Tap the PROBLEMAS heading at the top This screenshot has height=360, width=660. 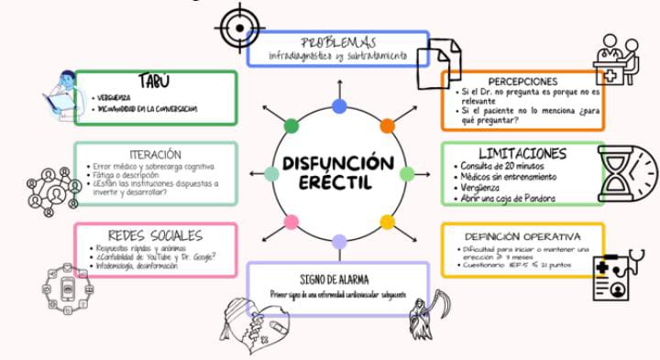[x=338, y=41]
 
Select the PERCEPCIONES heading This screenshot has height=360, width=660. [x=522, y=81]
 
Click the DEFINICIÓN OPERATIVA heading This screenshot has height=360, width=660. [x=522, y=235]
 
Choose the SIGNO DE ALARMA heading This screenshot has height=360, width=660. [x=337, y=278]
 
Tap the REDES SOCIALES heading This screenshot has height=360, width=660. [x=155, y=235]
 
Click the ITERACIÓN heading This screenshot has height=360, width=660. [x=155, y=155]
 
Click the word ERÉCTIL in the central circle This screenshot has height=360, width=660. [x=338, y=183]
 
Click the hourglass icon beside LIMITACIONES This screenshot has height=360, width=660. [x=628, y=174]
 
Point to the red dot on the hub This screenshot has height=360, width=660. [x=387, y=125]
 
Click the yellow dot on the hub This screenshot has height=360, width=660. [x=388, y=222]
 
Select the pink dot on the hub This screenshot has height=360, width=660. [x=291, y=222]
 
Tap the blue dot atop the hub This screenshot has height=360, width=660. [x=339, y=106]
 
